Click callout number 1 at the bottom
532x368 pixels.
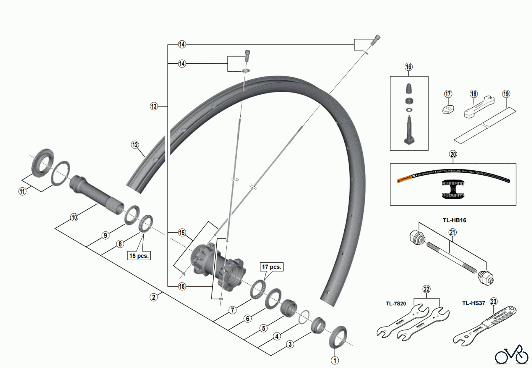pyautogui.click(x=335, y=361)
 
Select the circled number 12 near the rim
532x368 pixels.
pyautogui.click(x=135, y=145)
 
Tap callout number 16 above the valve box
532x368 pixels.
pyautogui.click(x=408, y=67)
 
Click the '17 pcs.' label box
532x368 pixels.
pyautogui.click(x=272, y=267)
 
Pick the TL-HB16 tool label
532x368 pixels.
pyautogui.click(x=454, y=220)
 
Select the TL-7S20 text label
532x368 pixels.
pyautogui.click(x=396, y=304)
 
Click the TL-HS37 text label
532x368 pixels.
pyautogui.click(x=473, y=303)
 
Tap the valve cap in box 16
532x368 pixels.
pyautogui.click(x=409, y=88)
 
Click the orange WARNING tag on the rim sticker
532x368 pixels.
pyautogui.click(x=404, y=178)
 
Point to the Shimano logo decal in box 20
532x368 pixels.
pyautogui.click(x=453, y=189)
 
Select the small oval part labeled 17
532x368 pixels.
pyautogui.click(x=448, y=109)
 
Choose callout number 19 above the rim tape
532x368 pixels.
pyautogui.click(x=506, y=94)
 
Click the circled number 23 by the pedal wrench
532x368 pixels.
pyautogui.click(x=494, y=302)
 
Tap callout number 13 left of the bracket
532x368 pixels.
pyautogui.click(x=154, y=106)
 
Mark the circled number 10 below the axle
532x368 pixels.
pyautogui.click(x=74, y=217)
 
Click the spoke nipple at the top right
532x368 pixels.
pyautogui.click(x=377, y=38)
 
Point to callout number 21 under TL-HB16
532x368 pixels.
pyautogui.click(x=452, y=233)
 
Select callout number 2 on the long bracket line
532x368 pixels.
pyautogui.click(x=153, y=297)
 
